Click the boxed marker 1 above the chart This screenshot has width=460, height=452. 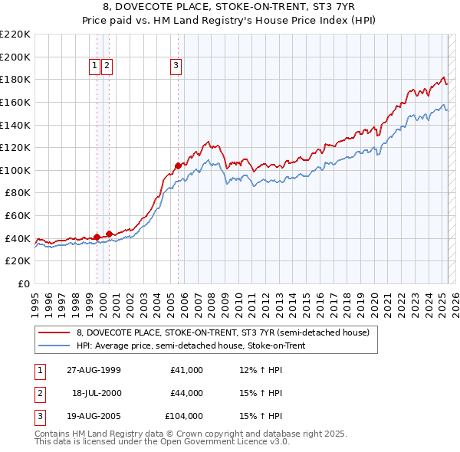[x=94, y=66]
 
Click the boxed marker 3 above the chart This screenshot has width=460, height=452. [x=176, y=66]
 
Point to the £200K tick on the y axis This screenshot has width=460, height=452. [x=16, y=57]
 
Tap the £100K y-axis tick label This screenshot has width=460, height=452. [x=16, y=170]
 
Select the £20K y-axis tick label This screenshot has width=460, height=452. [x=18, y=261]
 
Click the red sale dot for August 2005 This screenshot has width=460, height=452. [x=178, y=165]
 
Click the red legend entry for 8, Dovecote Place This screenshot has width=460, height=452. [x=223, y=332]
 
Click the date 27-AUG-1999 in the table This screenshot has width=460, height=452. [x=94, y=370]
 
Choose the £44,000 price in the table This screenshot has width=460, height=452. [x=186, y=393]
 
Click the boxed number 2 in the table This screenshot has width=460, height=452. [x=39, y=393]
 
